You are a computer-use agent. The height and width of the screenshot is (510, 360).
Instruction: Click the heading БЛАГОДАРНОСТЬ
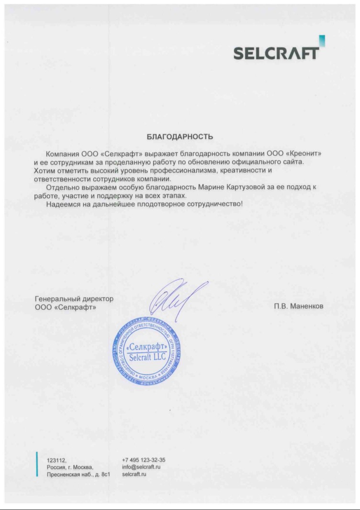pos(180,137)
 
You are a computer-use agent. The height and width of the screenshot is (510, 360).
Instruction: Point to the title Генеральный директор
pos(75,299)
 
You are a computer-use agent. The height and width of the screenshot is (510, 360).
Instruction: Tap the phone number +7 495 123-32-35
pos(144,459)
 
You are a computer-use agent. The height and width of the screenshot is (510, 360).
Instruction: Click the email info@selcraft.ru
pos(141,466)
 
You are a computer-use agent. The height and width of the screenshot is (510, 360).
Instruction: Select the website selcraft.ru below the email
pos(134,474)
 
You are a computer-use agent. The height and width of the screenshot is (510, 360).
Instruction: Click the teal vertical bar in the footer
pos(37,464)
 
